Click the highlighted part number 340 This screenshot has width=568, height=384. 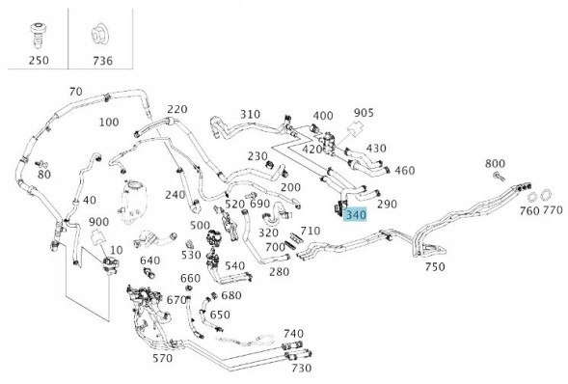pyautogui.click(x=356, y=215)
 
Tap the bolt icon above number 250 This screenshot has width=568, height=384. pyautogui.click(x=37, y=35)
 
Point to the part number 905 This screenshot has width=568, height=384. pyautogui.click(x=364, y=113)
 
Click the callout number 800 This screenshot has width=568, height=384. pyautogui.click(x=495, y=164)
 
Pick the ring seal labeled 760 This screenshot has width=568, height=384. pyautogui.click(x=531, y=198)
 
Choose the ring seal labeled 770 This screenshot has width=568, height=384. pyautogui.click(x=546, y=196)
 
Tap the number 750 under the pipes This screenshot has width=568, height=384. pyautogui.click(x=435, y=267)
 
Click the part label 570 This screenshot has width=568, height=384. pyautogui.click(x=162, y=359)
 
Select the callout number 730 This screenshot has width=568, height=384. pyautogui.click(x=302, y=369)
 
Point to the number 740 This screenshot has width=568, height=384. pyautogui.click(x=293, y=334)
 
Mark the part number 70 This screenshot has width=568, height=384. pyautogui.click(x=76, y=92)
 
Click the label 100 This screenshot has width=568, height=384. pyautogui.click(x=109, y=123)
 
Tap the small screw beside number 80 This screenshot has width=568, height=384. pyautogui.click(x=40, y=164)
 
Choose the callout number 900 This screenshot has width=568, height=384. pyautogui.click(x=98, y=222)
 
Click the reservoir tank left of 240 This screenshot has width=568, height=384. pyautogui.click(x=133, y=201)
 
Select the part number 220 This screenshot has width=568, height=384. pyautogui.click(x=177, y=109)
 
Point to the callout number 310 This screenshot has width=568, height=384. pyautogui.click(x=250, y=115)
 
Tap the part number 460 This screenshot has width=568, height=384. pyautogui.click(x=405, y=171)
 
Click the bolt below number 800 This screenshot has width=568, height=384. pyautogui.click(x=499, y=177)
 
